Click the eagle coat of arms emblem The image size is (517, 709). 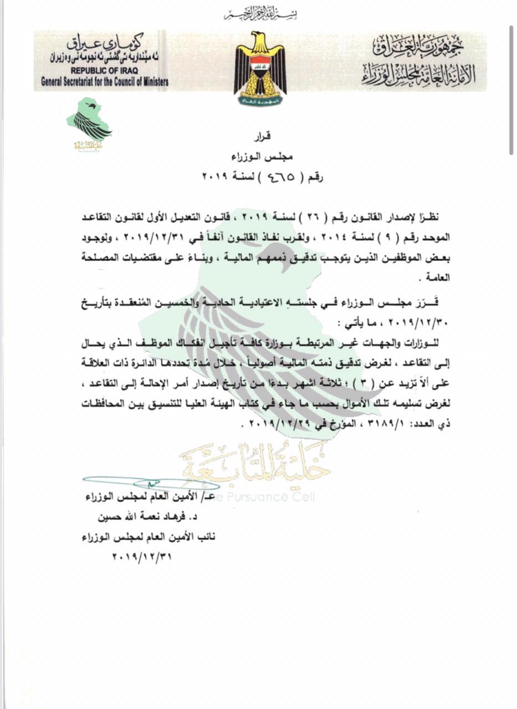coord(260,68)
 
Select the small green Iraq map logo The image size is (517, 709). coord(89,121)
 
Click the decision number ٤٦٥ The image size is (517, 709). coord(267,178)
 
